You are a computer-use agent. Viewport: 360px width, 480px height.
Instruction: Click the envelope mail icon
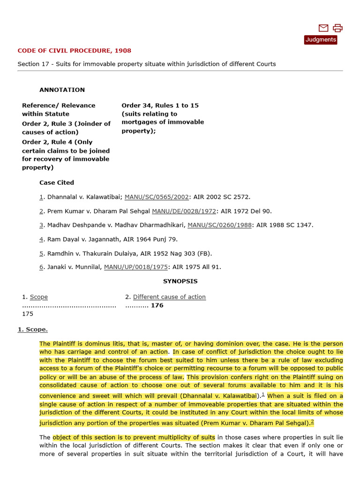pyautogui.click(x=323, y=28)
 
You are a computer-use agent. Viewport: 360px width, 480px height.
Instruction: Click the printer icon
pyautogui.click(x=337, y=28)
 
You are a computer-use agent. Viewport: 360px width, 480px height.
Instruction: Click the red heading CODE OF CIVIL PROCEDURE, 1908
pyautogui.click(x=74, y=50)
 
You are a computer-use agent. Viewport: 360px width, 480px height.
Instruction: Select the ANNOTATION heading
pyautogui.click(x=62, y=90)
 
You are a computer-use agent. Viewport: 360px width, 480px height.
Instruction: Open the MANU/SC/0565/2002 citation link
pyautogui.click(x=157, y=197)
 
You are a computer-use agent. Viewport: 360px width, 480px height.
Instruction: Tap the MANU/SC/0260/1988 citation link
pyautogui.click(x=219, y=225)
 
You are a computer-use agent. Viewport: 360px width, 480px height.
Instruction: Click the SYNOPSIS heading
pyautogui.click(x=180, y=281)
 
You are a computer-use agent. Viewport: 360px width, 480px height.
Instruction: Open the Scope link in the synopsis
pyautogui.click(x=38, y=297)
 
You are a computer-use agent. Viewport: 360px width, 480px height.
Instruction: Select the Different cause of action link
pyautogui.click(x=169, y=297)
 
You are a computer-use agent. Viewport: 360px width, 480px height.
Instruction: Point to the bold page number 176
pyautogui.click(x=157, y=305)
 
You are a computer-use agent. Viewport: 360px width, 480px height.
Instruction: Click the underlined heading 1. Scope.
pyautogui.click(x=33, y=329)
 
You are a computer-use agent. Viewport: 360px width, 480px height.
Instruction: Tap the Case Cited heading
pyautogui.click(x=57, y=182)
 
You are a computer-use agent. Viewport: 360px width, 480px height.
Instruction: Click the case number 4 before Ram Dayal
pyautogui.click(x=41, y=239)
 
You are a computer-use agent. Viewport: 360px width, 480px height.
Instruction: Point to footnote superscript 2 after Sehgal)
pyautogui.click(x=312, y=421)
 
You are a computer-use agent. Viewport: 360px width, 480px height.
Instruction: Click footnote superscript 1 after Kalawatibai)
pyautogui.click(x=263, y=394)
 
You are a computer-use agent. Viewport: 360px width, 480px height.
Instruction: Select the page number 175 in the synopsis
pyautogui.click(x=28, y=314)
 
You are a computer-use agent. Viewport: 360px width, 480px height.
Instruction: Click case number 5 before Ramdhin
pyautogui.click(x=41, y=253)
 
